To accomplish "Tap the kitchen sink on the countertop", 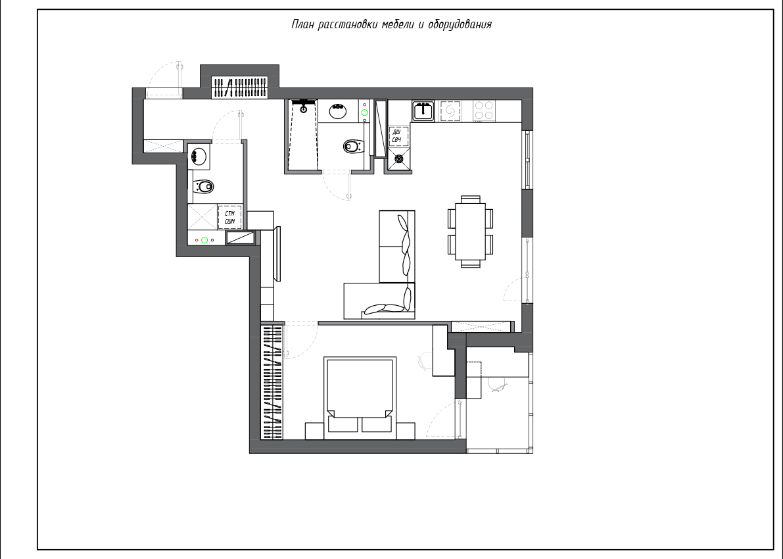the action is pyautogui.click(x=423, y=111).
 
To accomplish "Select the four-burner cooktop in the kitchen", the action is pyautogui.click(x=483, y=111).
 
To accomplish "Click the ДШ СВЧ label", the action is pyautogui.click(x=397, y=136).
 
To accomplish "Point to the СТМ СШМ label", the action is pyautogui.click(x=229, y=217).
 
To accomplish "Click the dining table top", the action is pyautogui.click(x=471, y=231).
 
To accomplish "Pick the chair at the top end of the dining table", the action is pyautogui.click(x=471, y=199).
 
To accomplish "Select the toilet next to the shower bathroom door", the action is pyautogui.click(x=353, y=147).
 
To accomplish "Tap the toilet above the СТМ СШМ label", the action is pyautogui.click(x=202, y=186).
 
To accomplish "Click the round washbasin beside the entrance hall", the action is pyautogui.click(x=199, y=156).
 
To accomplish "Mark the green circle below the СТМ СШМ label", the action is pyautogui.click(x=204, y=240).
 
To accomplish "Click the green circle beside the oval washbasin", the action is pyautogui.click(x=364, y=112).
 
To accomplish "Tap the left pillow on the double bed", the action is pyautogui.click(x=343, y=425).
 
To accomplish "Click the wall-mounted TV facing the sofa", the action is pyautogui.click(x=277, y=254).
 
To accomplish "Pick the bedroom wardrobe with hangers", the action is pyautogui.click(x=272, y=383).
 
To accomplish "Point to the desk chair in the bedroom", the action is pyautogui.click(x=425, y=361).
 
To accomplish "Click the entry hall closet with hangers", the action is pyautogui.click(x=239, y=88).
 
